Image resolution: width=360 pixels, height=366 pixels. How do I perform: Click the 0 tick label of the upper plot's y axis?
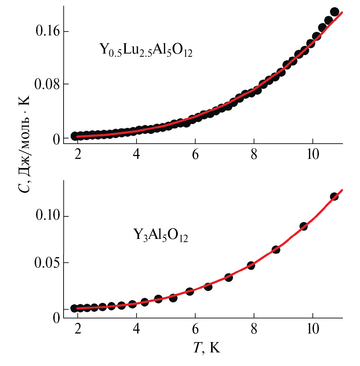(56, 139)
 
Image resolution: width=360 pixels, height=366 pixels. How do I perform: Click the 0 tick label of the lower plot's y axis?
(56, 317)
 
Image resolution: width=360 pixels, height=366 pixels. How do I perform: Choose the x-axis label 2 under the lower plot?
(77, 329)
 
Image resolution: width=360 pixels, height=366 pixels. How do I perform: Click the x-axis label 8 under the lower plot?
(254, 329)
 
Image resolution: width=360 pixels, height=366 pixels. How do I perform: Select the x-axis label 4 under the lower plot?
(136, 329)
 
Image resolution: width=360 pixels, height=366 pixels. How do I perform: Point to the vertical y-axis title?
(25, 143)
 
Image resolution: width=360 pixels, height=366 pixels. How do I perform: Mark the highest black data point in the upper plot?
(334, 12)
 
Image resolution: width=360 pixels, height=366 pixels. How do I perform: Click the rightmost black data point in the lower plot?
(334, 196)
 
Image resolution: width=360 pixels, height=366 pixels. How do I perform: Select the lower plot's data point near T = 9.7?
(304, 226)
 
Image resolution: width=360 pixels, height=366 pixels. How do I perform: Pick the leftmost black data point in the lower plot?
(74, 308)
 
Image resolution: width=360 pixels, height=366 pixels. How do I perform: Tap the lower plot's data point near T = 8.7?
(276, 249)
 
